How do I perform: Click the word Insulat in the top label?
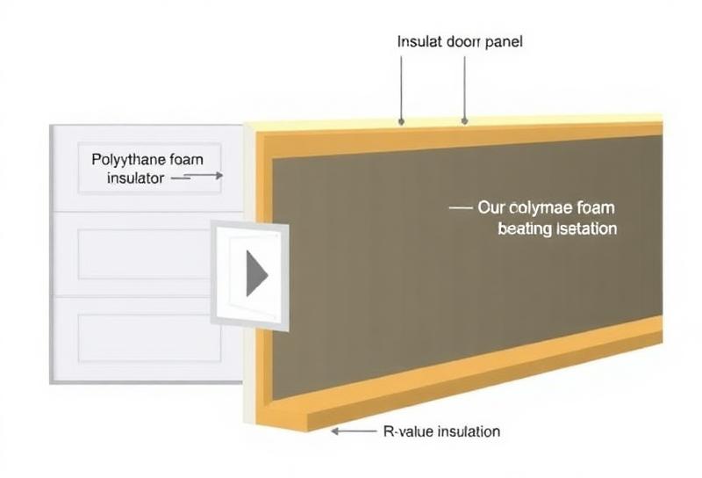point(419,41)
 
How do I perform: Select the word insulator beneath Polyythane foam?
point(136,177)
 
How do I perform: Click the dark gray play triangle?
point(255,272)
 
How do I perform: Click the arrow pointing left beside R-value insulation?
point(353,431)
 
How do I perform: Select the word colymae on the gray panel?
point(534,209)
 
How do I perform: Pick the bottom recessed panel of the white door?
point(145,337)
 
